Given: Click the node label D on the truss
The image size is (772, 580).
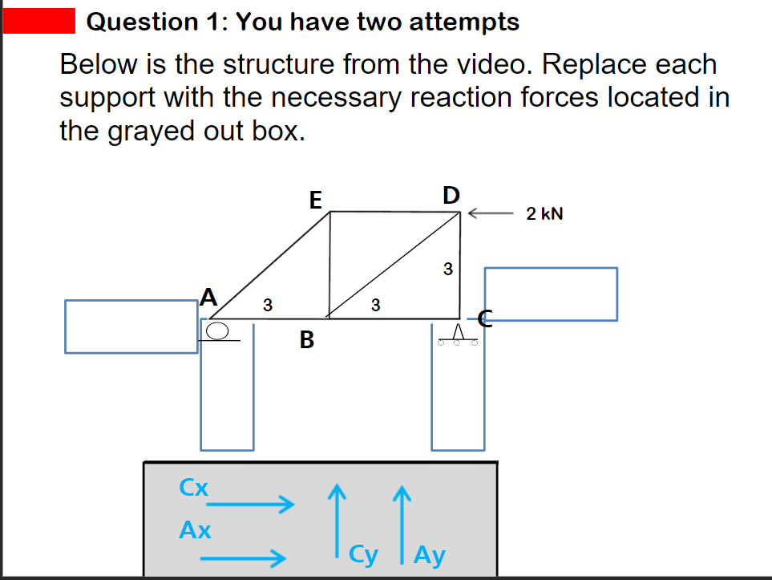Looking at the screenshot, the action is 451,195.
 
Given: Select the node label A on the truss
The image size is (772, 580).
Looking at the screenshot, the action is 208,298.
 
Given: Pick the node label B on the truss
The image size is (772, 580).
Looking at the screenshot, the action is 306,341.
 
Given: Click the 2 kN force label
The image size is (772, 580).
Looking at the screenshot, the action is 544,214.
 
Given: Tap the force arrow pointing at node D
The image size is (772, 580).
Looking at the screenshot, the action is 489,214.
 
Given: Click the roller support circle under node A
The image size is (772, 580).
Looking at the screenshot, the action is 217,330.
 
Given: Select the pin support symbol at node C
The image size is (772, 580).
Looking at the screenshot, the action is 459,333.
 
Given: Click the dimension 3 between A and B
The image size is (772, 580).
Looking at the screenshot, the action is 268,305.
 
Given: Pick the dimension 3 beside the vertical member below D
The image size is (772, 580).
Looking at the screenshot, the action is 448,267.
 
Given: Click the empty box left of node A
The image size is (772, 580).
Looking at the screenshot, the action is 131,327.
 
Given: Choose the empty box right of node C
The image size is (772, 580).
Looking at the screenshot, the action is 551,294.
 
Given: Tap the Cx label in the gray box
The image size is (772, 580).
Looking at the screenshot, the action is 194,487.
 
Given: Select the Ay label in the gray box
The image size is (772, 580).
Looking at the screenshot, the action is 430,555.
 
